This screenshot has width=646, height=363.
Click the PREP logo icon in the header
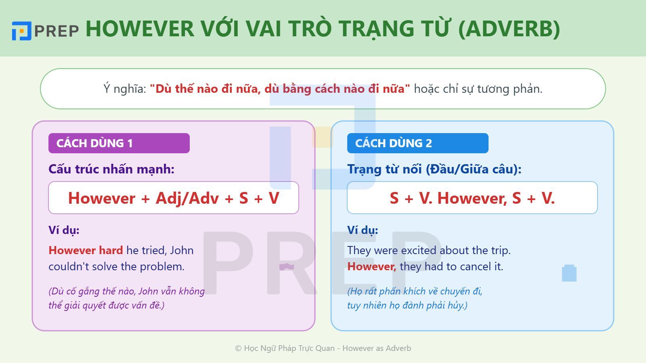click(x=21, y=31)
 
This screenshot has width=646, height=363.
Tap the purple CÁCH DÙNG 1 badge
click(x=119, y=143)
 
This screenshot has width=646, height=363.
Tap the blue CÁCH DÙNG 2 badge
click(x=417, y=143)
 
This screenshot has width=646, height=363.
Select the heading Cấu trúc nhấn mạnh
click(x=111, y=169)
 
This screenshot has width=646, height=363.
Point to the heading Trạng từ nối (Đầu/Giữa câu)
click(x=434, y=169)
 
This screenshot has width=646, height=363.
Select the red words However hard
click(x=86, y=250)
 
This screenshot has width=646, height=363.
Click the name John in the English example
click(x=182, y=250)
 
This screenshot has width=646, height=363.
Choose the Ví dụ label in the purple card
click(x=64, y=230)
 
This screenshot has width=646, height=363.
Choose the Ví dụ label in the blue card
click(x=363, y=230)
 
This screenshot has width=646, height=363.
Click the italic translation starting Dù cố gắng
click(x=126, y=291)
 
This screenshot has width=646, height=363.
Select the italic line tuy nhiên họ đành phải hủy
click(x=407, y=305)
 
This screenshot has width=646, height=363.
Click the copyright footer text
click(x=323, y=348)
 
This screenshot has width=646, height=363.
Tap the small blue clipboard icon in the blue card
click(x=569, y=273)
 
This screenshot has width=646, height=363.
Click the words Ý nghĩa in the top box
click(x=124, y=89)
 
